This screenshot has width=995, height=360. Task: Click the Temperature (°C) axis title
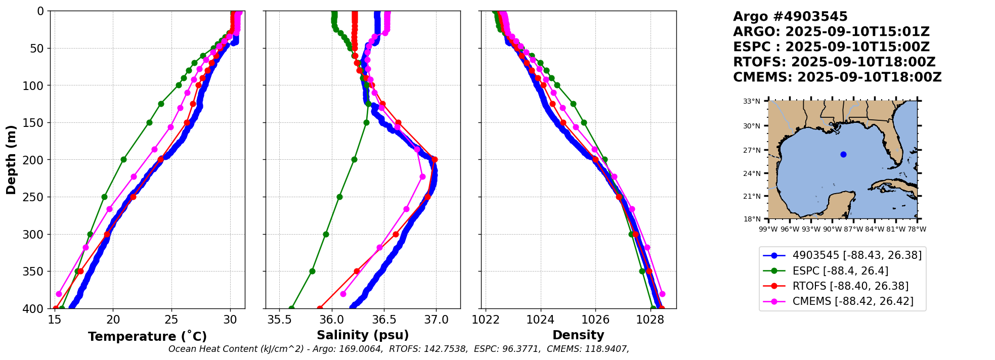(147, 337)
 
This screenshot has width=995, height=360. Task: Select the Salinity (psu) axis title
(363, 335)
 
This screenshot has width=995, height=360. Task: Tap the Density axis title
(578, 335)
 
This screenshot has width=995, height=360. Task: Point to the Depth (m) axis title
(11, 159)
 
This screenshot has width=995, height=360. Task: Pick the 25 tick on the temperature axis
(171, 320)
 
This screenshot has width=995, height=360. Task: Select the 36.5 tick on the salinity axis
(384, 320)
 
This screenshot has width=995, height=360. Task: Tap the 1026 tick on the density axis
(595, 320)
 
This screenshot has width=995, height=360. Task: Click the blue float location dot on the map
(843, 154)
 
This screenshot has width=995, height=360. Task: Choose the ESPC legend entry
(840, 271)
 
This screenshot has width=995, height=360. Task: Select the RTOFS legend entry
(850, 286)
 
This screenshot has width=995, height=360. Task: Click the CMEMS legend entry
(853, 301)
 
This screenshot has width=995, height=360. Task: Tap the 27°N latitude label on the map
(752, 150)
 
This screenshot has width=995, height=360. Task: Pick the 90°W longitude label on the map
(832, 229)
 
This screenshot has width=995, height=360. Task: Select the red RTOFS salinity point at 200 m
(435, 160)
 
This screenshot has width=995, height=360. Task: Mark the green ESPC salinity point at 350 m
(312, 271)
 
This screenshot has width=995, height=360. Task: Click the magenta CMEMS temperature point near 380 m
(59, 294)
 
